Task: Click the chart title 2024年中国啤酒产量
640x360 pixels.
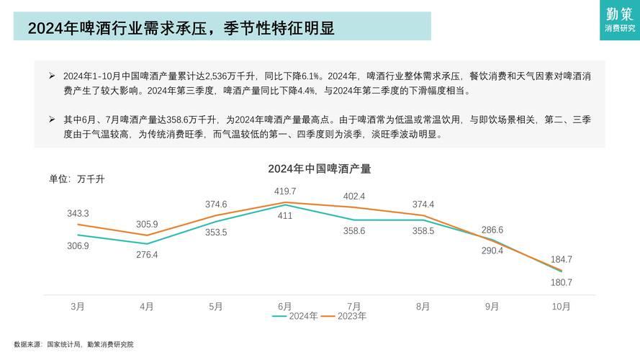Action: click(x=320, y=169)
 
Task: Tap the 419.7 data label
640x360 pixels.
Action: click(x=285, y=192)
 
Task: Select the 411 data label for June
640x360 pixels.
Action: click(x=285, y=216)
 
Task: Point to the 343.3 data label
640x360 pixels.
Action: click(x=78, y=214)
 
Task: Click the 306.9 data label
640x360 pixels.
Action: click(x=78, y=246)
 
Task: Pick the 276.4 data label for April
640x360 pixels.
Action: click(x=147, y=255)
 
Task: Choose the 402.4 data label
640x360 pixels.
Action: click(x=354, y=197)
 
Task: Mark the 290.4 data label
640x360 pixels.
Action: click(x=492, y=251)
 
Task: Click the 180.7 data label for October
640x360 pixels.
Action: click(x=561, y=283)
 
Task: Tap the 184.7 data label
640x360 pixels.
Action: click(x=561, y=259)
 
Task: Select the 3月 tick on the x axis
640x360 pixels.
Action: click(x=78, y=307)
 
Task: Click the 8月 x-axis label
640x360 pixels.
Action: click(x=423, y=307)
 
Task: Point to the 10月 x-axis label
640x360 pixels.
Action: click(x=561, y=307)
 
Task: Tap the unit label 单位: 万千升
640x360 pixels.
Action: click(x=76, y=179)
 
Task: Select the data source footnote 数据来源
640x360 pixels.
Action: click(x=73, y=345)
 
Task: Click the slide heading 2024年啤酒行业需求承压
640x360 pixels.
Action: click(x=181, y=28)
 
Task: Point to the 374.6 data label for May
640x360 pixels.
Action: click(x=216, y=204)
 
